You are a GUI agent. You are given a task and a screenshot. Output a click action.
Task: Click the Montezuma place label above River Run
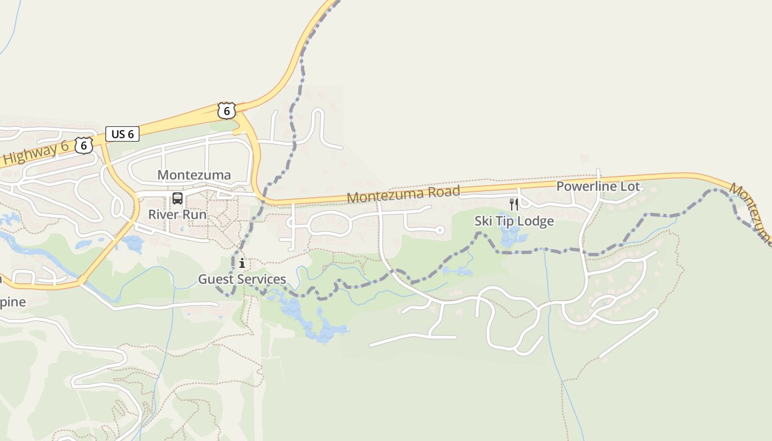(x=194, y=175)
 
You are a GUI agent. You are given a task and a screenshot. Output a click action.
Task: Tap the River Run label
(x=177, y=214)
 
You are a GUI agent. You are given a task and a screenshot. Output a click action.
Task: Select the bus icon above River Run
(x=177, y=198)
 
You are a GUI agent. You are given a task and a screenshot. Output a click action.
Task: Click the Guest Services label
(x=242, y=279)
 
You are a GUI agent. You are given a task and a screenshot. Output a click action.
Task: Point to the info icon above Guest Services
(x=242, y=263)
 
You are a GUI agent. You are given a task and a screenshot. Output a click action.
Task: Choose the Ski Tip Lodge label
(x=514, y=221)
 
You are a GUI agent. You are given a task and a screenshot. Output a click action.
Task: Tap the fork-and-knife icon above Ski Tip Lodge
(x=514, y=205)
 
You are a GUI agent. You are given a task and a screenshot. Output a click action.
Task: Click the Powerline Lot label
(x=598, y=186)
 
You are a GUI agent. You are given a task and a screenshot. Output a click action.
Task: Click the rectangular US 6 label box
(x=122, y=134)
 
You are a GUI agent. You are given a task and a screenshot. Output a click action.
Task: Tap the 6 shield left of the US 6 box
(x=84, y=145)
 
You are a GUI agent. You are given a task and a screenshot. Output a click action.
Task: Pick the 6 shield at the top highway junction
(x=226, y=110)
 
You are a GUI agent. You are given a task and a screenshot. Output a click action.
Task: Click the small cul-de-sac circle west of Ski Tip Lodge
(x=439, y=230)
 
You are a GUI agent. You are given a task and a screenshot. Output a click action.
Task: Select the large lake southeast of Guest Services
(x=314, y=322)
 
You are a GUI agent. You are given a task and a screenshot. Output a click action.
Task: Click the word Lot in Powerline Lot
(x=630, y=186)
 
